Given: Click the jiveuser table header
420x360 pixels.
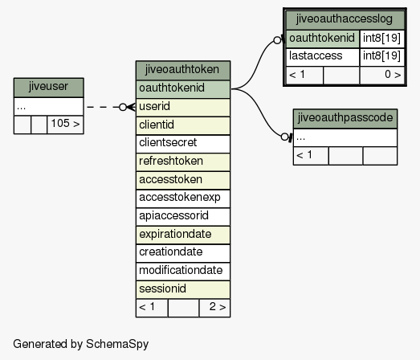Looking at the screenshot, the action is tap(48, 88).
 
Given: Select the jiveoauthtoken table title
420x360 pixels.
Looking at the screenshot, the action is tap(182, 70).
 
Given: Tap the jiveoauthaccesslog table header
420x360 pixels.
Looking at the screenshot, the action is tap(345, 20).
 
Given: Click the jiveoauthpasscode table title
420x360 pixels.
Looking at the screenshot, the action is tap(345, 118).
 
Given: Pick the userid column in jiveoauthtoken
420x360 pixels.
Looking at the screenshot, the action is tap(182, 107).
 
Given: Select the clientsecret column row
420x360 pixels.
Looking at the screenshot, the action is tap(182, 143).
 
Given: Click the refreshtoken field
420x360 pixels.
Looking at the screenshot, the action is tap(182, 162).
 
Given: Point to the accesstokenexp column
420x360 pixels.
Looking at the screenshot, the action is tap(182, 198).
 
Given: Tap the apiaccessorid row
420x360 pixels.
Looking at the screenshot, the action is tap(182, 216).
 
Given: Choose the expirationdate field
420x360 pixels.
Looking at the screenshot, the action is tap(182, 235).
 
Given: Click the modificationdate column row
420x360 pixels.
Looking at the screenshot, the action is tap(182, 271).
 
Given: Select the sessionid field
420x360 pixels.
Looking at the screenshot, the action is tap(182, 289).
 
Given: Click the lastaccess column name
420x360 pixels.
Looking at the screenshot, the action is tap(316, 55).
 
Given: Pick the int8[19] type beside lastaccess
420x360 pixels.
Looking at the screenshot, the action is tap(381, 55).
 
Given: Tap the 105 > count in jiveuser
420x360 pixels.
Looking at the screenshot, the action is tap(65, 124).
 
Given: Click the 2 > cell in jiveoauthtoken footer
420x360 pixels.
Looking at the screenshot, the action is tap(218, 307).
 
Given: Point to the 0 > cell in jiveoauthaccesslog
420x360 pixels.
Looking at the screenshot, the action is tap(393, 74).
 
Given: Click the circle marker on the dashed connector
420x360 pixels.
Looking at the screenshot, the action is tap(123, 107).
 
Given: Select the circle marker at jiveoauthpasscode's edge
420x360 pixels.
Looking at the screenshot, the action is tap(284, 137).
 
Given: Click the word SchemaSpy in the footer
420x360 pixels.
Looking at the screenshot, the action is tap(117, 344).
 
